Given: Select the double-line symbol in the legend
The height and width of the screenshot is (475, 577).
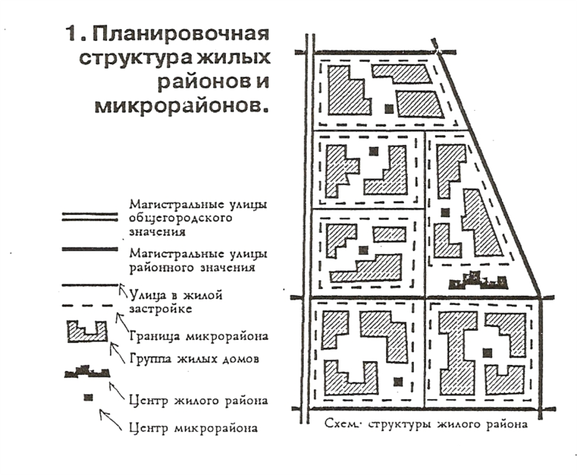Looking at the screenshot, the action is (x=90, y=216).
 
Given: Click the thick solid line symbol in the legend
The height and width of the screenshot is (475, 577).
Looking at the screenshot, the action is (x=90, y=252).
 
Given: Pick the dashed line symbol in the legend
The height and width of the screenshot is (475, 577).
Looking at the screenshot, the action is (x=90, y=305).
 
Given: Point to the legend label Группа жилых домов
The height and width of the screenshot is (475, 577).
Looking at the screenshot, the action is (x=193, y=360).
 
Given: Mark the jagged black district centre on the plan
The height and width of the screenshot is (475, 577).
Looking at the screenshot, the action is (x=480, y=281).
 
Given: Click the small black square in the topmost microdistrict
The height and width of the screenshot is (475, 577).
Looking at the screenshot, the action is (x=388, y=108).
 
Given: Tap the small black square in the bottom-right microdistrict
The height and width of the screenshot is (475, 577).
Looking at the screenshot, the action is (x=486, y=353).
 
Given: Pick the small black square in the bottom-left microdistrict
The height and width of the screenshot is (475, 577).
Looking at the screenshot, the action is (x=397, y=381).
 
